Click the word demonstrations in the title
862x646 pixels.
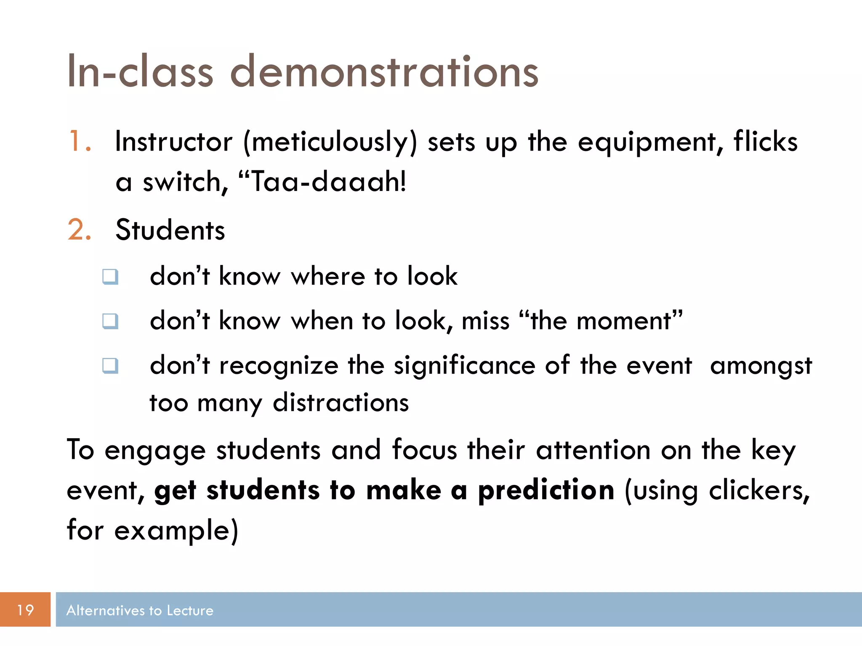(384, 72)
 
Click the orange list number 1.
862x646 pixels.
(78, 141)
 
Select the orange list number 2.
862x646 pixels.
(78, 230)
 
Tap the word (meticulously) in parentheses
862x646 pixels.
(330, 142)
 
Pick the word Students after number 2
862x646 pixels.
(170, 230)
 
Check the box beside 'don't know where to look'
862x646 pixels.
(110, 277)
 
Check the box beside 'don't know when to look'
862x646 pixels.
(110, 321)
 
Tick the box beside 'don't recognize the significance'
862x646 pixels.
(110, 365)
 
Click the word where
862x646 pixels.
(328, 277)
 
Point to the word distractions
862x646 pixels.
(341, 403)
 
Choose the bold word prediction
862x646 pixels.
(546, 491)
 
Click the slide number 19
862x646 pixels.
(25, 610)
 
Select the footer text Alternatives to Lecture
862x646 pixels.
(140, 610)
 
